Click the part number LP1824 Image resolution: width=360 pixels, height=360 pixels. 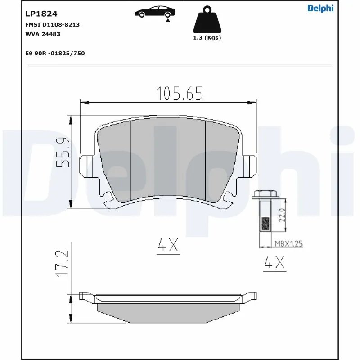(41, 14)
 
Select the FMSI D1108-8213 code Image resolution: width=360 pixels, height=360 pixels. (52, 24)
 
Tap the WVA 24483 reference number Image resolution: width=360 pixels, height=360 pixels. (43, 34)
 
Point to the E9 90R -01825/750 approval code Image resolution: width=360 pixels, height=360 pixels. (55, 53)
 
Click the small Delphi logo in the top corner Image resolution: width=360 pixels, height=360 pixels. (320, 9)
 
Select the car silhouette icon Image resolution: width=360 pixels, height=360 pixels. (153, 12)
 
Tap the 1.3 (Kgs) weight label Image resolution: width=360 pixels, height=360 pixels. (207, 38)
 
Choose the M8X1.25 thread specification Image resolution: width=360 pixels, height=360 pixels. (288, 244)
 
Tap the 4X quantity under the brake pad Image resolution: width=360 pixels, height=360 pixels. (168, 246)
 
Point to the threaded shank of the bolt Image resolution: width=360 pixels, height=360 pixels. (264, 216)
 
